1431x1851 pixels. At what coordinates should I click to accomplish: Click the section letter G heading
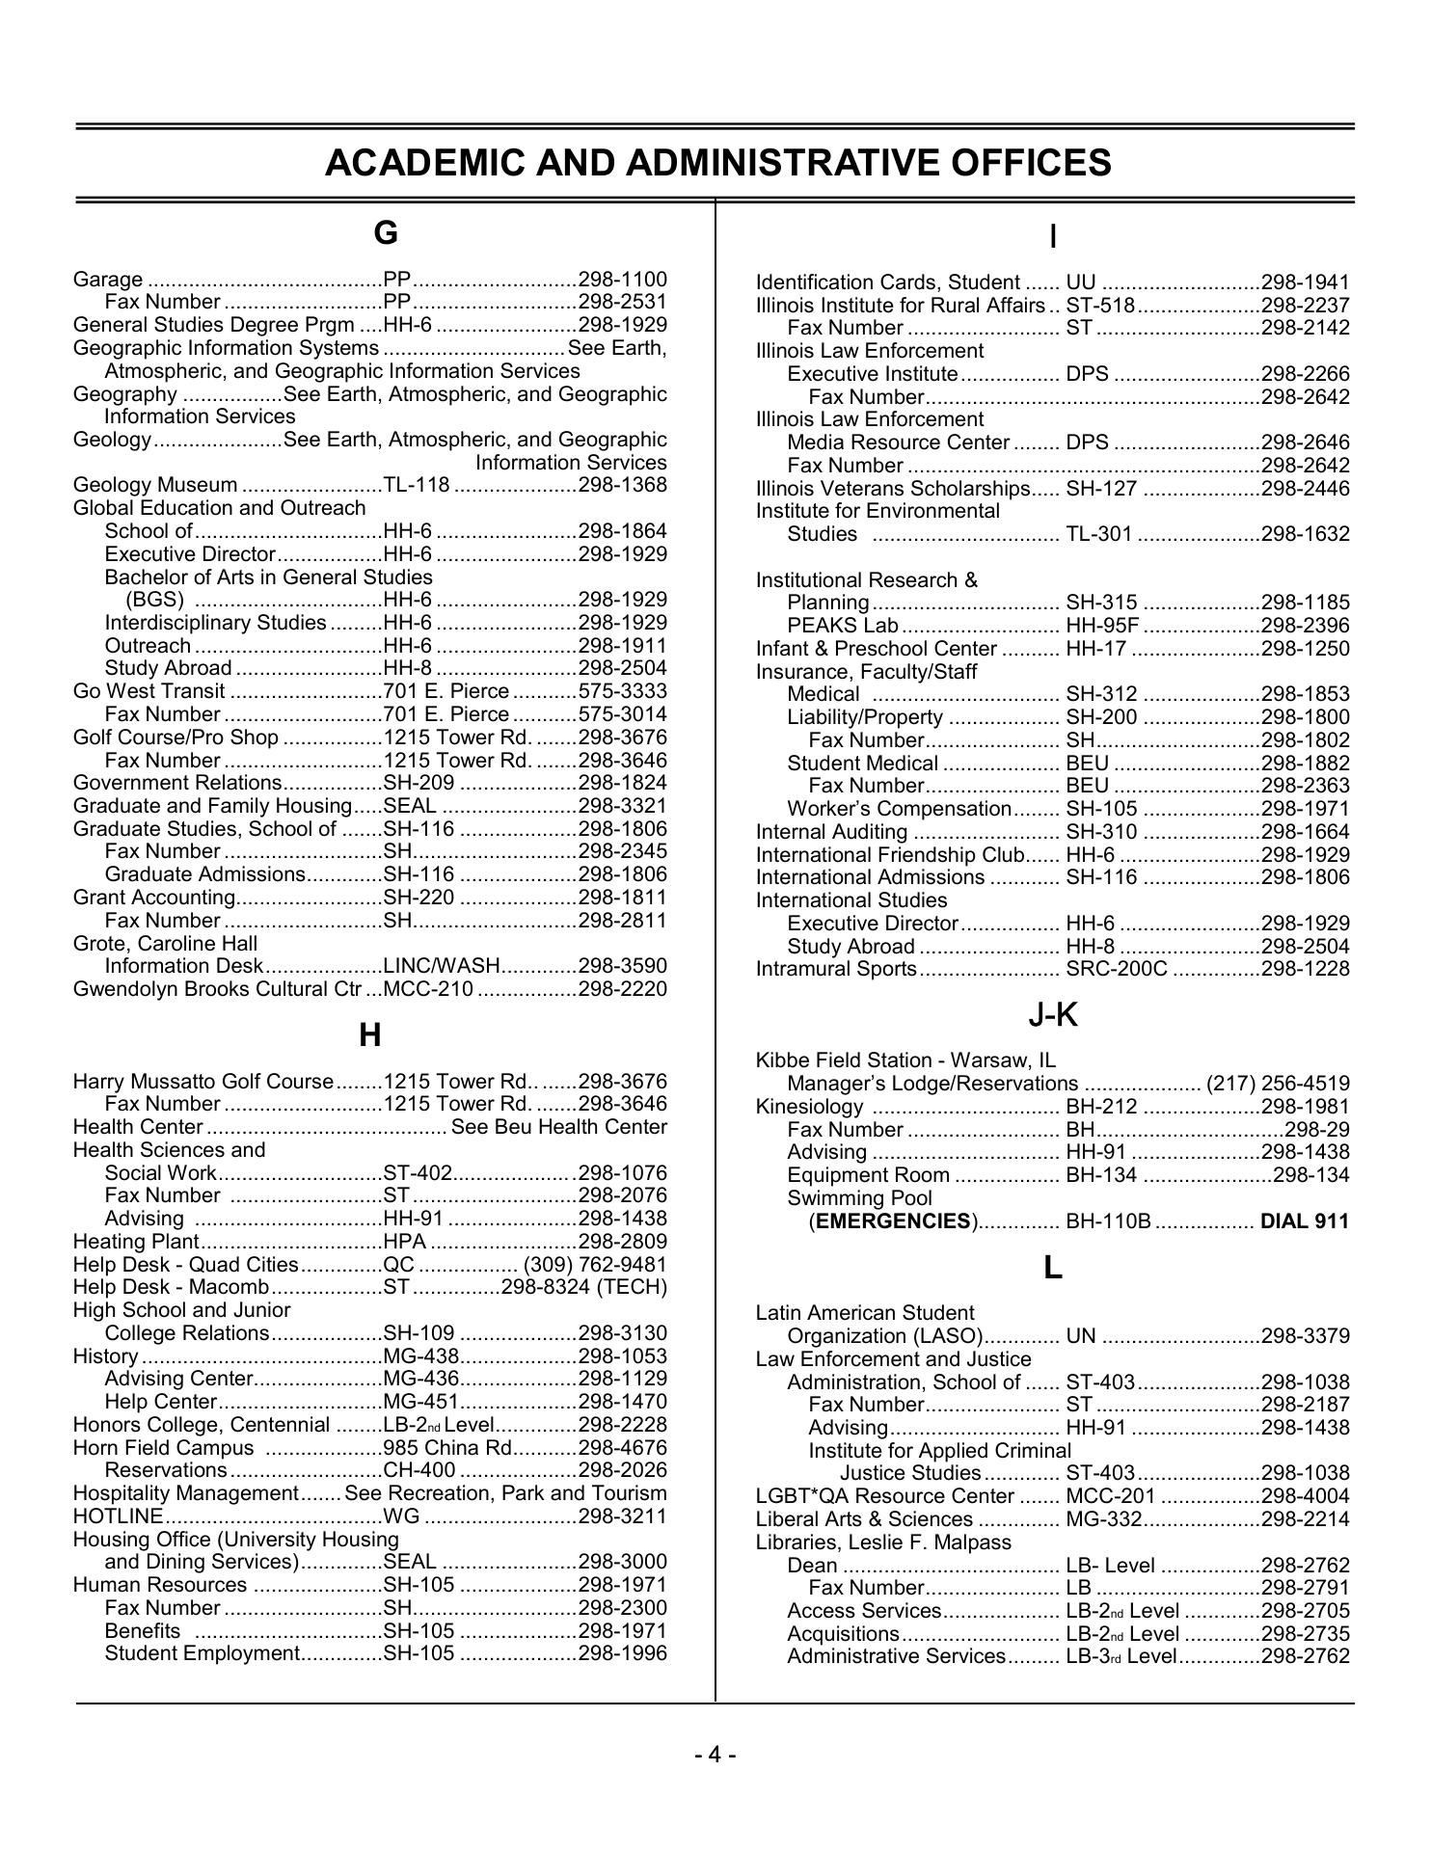(385, 233)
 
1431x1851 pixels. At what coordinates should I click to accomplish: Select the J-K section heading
(1052, 1014)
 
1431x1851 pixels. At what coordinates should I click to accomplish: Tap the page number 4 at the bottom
(715, 1754)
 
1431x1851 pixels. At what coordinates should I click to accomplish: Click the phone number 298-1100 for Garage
(622, 280)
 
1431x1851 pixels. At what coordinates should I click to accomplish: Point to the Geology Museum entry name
(155, 485)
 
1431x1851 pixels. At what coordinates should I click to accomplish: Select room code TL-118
(417, 485)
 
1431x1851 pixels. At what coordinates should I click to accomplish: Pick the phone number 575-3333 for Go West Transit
(622, 691)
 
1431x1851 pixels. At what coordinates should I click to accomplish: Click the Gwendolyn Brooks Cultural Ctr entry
(218, 989)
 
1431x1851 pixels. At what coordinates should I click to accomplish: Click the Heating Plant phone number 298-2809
(622, 1242)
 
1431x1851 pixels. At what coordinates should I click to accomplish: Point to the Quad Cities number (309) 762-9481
(595, 1264)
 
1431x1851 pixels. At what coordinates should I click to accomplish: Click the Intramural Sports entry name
(836, 969)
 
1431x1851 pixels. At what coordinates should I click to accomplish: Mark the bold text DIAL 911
(1305, 1221)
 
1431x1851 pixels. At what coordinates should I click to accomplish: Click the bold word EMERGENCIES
(893, 1221)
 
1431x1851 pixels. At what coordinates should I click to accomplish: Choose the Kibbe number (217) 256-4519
(1278, 1084)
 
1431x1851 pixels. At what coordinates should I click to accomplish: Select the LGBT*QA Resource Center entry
(884, 1496)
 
